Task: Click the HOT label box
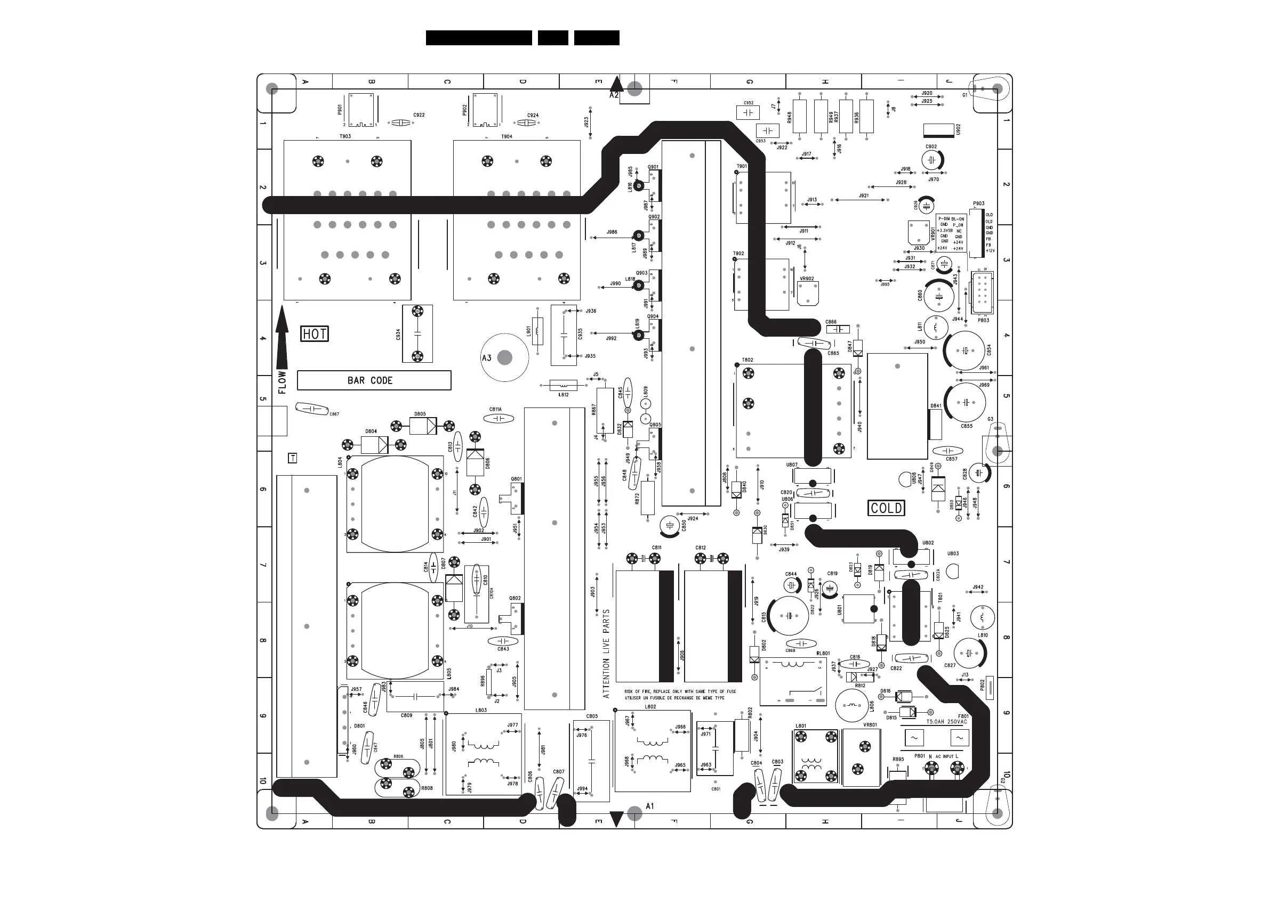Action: [x=314, y=334]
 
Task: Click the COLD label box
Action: [x=886, y=508]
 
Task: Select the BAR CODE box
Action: [x=374, y=380]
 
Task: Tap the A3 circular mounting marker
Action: [x=504, y=357]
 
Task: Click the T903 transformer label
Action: [x=344, y=136]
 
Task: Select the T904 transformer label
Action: [x=507, y=136]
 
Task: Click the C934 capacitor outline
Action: [x=417, y=334]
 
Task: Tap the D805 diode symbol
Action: [x=423, y=426]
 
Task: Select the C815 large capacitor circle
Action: [x=788, y=616]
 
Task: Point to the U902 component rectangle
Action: [x=939, y=131]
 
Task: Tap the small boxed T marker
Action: [x=293, y=458]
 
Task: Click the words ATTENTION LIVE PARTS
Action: [x=606, y=653]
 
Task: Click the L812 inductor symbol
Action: [x=563, y=385]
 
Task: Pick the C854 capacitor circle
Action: [x=964, y=350]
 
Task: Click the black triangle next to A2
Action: [x=616, y=84]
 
